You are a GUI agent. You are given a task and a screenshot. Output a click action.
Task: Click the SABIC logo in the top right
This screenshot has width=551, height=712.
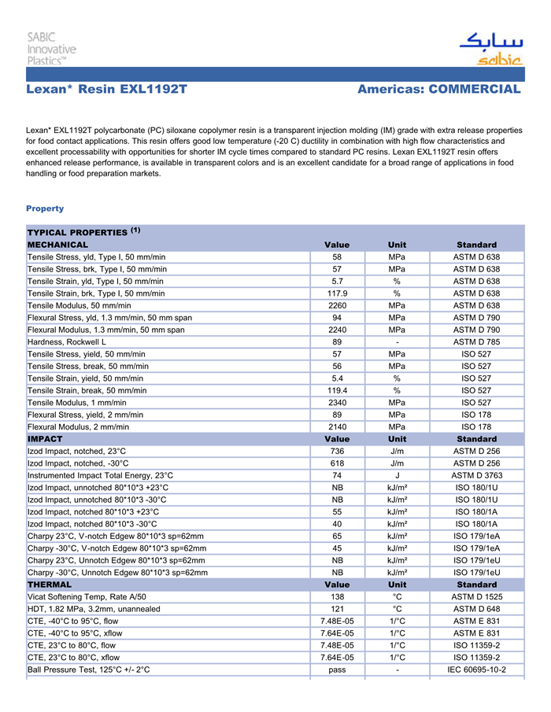point(490,49)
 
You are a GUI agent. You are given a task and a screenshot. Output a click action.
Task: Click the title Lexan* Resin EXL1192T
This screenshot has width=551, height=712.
point(106,90)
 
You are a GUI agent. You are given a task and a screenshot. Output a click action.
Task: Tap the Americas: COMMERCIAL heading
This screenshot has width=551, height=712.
point(438,90)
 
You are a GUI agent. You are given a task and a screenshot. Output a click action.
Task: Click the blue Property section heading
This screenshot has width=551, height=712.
point(45,208)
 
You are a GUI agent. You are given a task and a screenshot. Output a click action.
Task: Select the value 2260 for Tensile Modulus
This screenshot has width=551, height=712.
point(337,305)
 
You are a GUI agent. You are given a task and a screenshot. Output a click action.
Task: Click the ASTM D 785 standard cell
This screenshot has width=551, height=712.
point(476,341)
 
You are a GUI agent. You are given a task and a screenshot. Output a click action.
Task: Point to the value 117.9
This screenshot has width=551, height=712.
point(337,293)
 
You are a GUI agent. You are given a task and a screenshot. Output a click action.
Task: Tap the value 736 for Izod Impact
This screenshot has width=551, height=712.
point(337,451)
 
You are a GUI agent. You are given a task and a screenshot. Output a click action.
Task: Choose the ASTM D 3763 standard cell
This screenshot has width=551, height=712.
point(476,475)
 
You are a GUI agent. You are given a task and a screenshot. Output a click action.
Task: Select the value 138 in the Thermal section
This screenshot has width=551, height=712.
point(337,597)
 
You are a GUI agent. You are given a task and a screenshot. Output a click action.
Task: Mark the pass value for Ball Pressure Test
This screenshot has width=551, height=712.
point(337,670)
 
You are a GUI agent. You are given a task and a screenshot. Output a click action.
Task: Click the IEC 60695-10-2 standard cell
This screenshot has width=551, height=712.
point(476,670)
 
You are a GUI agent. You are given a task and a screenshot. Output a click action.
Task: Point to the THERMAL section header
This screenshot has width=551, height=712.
point(50,585)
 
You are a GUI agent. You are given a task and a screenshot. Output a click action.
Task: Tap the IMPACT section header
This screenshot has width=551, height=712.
point(45,438)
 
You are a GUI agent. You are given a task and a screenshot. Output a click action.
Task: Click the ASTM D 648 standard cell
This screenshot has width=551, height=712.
point(476,609)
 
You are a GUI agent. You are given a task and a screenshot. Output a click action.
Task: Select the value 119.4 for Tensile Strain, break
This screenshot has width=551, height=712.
point(337,390)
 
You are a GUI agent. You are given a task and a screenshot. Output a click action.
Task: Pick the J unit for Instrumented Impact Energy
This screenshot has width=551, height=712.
point(398,475)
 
